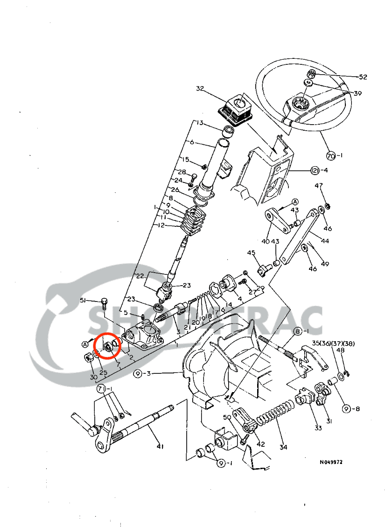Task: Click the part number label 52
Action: click(363, 77)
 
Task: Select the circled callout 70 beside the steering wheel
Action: click(331, 155)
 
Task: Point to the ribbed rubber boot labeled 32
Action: click(237, 109)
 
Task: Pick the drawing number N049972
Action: click(331, 462)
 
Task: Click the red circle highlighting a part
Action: click(107, 346)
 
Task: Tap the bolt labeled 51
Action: click(104, 303)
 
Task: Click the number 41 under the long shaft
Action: click(160, 447)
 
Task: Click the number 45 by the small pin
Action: click(252, 253)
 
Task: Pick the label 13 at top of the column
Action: click(200, 123)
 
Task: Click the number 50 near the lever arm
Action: click(227, 417)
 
